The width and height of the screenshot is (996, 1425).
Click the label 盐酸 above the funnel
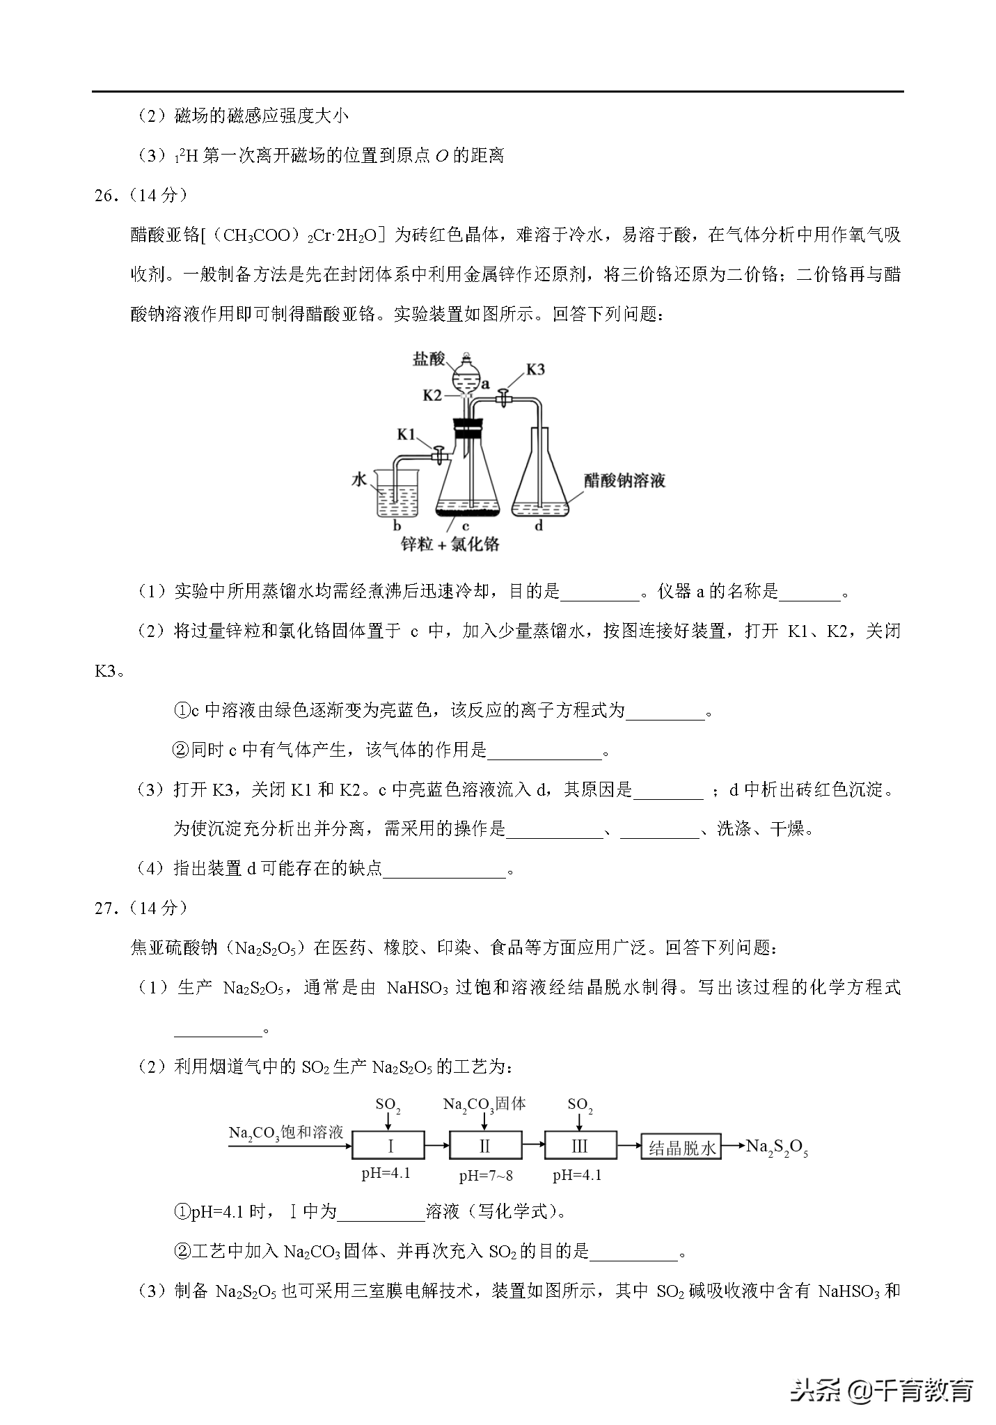[429, 359]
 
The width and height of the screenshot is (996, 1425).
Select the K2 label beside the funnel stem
[433, 395]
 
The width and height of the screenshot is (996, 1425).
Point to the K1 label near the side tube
[406, 435]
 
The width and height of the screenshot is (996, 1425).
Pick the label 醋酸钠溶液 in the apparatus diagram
[625, 481]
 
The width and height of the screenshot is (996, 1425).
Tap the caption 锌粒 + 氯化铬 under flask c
[450, 544]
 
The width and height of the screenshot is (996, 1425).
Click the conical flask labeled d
[540, 480]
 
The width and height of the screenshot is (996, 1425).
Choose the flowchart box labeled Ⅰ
[388, 1147]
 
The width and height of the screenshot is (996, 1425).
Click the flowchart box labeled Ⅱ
[485, 1147]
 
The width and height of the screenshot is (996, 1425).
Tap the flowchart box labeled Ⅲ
[580, 1147]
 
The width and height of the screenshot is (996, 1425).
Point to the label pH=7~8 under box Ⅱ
[486, 1176]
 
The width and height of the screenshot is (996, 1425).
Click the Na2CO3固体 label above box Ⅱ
[484, 1104]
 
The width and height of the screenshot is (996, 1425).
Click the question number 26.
[105, 196]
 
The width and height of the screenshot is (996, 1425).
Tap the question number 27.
[105, 908]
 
